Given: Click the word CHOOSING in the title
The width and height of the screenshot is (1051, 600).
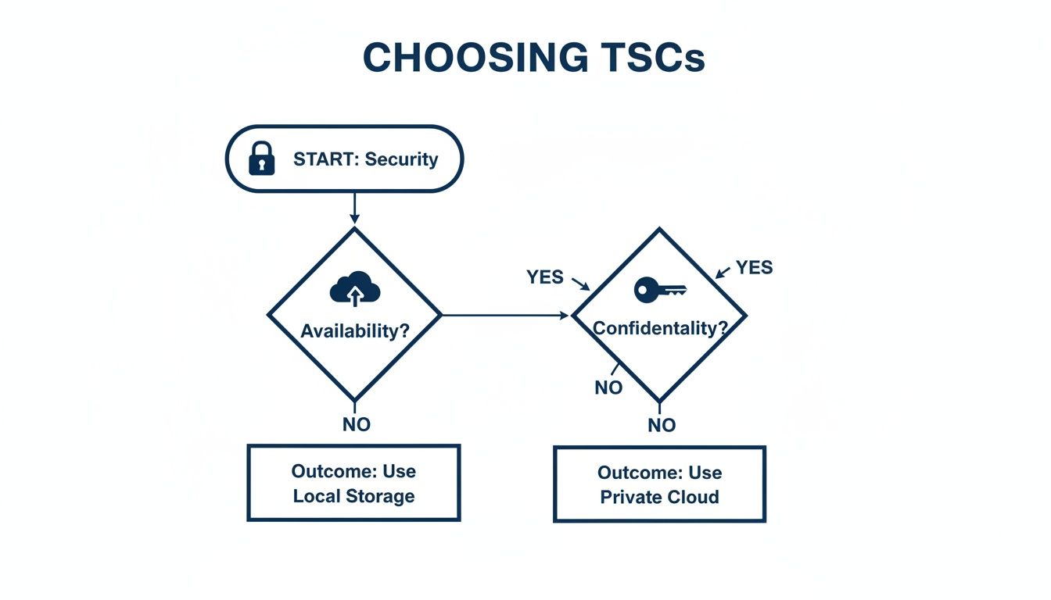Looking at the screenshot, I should coord(475,58).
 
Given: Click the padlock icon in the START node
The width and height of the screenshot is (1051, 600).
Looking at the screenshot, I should coord(261,159).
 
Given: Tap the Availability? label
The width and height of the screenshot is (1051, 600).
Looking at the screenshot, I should coord(354,330).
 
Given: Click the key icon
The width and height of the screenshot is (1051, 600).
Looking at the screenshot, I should coord(659,291).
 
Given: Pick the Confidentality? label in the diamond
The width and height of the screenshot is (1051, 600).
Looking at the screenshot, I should coord(659,328).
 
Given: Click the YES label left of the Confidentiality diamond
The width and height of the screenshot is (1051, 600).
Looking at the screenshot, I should coord(545,277).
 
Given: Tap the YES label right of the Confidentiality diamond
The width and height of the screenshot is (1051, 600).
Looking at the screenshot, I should coord(754,268).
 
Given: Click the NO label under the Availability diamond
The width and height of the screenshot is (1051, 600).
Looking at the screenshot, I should coord(356,425).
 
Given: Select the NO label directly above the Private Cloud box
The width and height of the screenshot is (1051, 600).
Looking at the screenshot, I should coord(661,426).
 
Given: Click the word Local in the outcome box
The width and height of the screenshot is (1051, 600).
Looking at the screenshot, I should coord(317,496).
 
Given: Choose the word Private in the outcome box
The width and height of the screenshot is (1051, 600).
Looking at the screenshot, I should coord(628,498).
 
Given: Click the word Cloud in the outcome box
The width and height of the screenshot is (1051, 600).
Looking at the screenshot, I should coord(691,498).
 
